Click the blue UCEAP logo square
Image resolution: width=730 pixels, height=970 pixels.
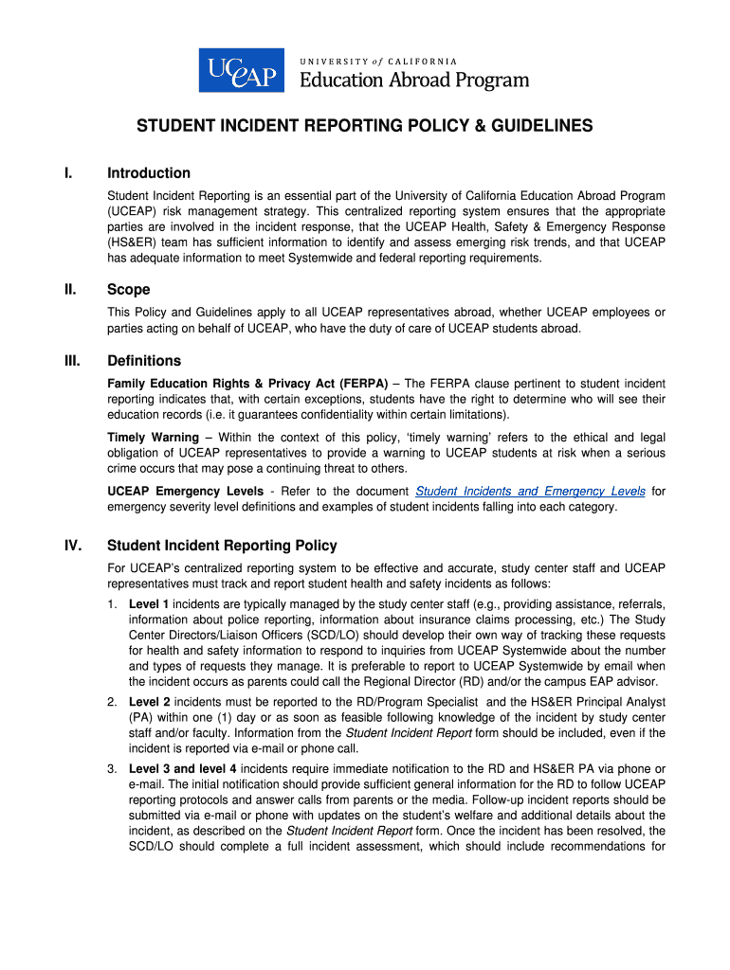point(241,69)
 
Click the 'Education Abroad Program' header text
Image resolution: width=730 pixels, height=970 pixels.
point(414,81)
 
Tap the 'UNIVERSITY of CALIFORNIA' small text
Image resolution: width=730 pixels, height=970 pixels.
point(378,62)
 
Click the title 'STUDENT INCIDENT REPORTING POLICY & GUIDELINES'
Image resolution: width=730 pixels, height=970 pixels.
point(365,126)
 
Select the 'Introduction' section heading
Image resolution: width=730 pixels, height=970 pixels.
point(149,173)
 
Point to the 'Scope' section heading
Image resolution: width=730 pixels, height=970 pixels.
point(129,290)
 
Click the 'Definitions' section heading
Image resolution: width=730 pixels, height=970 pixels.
point(144,361)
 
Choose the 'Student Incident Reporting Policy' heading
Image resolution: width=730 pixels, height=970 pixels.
point(222,546)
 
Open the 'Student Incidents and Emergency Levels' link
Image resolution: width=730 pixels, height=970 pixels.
point(531,492)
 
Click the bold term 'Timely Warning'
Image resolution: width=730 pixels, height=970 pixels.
point(153,438)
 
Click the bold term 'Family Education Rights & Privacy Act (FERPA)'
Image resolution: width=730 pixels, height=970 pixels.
point(247,384)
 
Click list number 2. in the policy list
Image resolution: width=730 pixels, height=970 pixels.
point(112,702)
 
